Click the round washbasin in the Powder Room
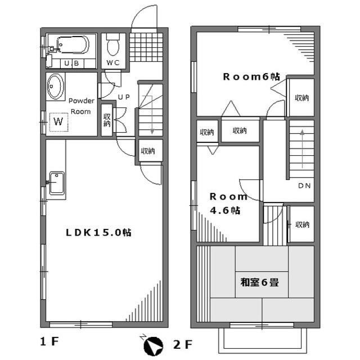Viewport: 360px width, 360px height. point(56,87)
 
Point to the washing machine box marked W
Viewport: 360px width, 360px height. point(58,120)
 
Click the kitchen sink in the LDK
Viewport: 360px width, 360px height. point(57,183)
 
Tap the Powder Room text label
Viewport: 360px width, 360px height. point(81,106)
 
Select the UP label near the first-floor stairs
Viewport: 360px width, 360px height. point(124,97)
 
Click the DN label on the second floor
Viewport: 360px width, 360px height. point(305,186)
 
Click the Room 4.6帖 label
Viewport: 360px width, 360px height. point(227,204)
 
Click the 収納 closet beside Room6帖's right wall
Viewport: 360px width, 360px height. point(301,97)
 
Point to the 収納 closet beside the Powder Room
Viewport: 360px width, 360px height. point(107,120)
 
